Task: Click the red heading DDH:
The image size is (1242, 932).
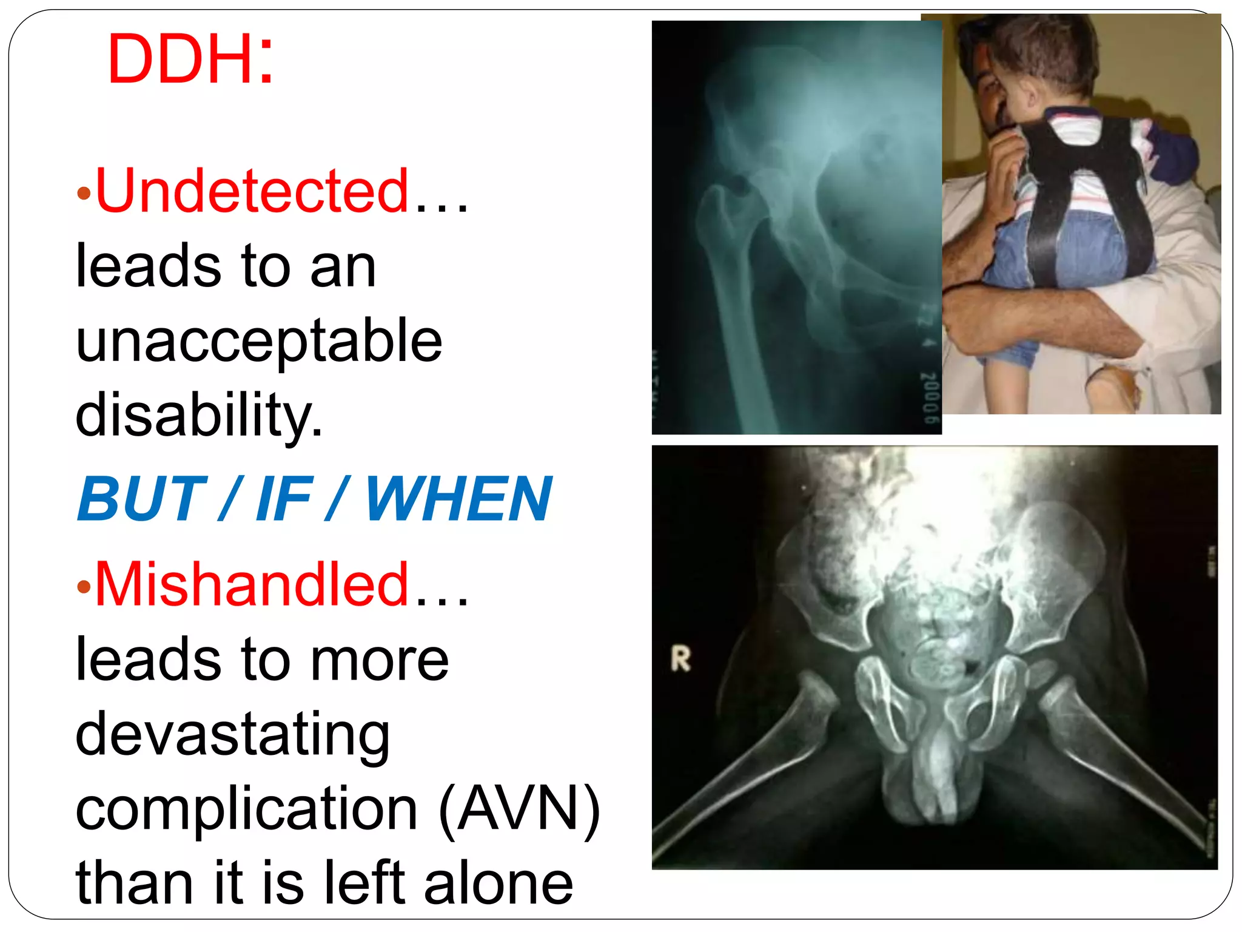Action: [190, 59]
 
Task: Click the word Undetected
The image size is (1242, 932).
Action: [252, 191]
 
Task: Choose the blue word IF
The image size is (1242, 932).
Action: [284, 499]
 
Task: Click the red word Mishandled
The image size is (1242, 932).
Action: [252, 584]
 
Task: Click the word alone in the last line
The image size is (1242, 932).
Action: [498, 883]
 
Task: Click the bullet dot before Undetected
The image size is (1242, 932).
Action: [84, 194]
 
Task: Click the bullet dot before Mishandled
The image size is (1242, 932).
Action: [84, 587]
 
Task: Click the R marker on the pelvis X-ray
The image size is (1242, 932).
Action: [680, 660]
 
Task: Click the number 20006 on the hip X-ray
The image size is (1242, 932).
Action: [929, 397]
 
